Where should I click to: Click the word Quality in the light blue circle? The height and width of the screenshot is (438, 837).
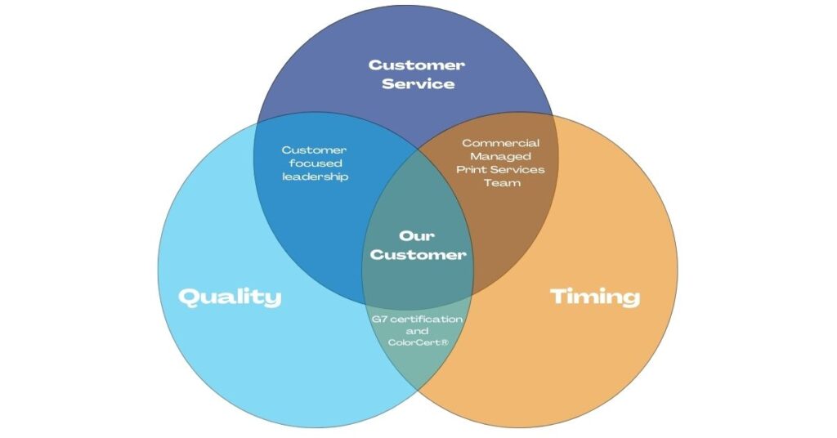click(230, 297)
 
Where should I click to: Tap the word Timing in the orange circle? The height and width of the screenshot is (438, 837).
click(595, 297)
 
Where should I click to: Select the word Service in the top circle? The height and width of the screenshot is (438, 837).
click(418, 83)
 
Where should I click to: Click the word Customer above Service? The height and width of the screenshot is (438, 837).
click(416, 65)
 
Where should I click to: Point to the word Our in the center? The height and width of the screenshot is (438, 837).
click(416, 235)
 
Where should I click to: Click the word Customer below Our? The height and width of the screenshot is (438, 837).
click(418, 254)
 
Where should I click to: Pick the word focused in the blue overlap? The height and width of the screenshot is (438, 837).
click(316, 163)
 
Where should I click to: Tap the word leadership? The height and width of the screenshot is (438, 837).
click(315, 177)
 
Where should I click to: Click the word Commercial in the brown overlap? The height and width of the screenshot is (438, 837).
click(501, 143)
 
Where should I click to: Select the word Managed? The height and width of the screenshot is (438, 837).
click(501, 156)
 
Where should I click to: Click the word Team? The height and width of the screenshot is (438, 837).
click(502, 183)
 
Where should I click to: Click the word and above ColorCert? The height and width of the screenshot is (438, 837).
click(417, 331)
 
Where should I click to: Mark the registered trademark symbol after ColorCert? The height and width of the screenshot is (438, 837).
click(444, 342)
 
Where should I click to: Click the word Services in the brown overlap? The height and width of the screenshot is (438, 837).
click(517, 170)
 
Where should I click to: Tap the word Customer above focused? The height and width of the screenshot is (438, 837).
click(315, 150)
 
